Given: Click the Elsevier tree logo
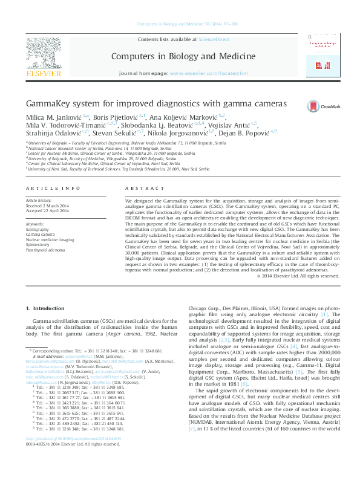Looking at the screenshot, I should pyautogui.click(x=43, y=53).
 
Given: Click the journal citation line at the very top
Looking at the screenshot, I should pyautogui.click(x=179, y=24).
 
